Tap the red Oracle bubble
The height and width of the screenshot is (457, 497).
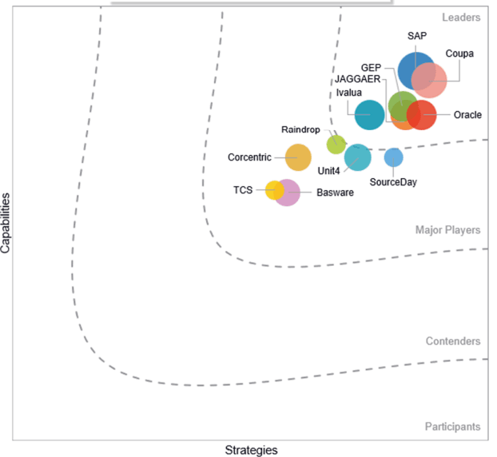click(422, 115)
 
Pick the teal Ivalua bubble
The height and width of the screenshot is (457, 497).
click(370, 115)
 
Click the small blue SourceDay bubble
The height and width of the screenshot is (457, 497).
click(394, 157)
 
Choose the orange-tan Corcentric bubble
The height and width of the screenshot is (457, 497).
click(298, 157)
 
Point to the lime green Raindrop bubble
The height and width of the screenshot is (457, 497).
click(336, 145)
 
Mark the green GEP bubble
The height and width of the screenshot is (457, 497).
click(403, 105)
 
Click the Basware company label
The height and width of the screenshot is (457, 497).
click(335, 193)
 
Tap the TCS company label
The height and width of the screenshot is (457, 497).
click(243, 190)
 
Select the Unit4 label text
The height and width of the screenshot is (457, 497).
click(328, 171)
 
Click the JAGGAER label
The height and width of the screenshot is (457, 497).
click(357, 79)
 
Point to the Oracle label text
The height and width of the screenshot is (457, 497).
click(467, 115)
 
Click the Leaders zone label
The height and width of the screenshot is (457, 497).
click(461, 18)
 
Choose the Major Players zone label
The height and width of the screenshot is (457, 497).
click(448, 230)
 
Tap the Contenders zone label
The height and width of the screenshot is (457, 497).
click(453, 341)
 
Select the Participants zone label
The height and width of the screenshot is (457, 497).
click(452, 427)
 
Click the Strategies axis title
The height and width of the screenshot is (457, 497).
click(252, 450)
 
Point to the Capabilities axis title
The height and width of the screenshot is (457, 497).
click(6, 223)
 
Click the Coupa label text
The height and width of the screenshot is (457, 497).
click(459, 54)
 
